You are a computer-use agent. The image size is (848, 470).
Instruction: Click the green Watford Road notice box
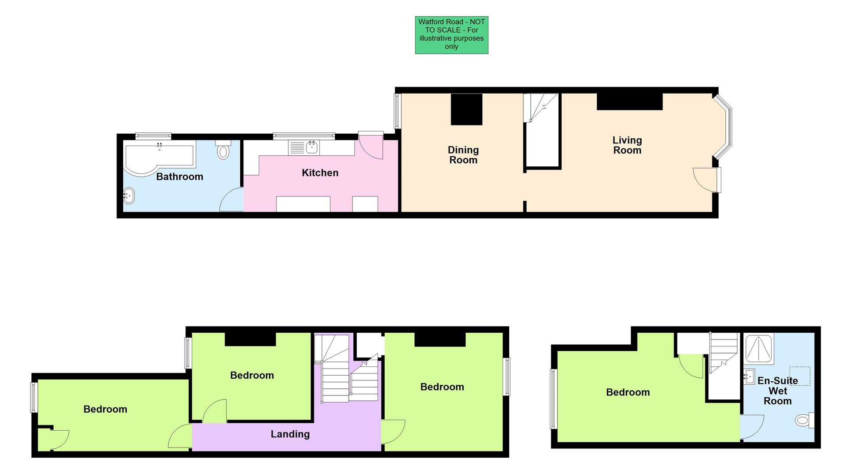pos(451,35)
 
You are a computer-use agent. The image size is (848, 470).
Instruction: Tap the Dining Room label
pos(463,155)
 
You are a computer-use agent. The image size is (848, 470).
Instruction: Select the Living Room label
pos(627,145)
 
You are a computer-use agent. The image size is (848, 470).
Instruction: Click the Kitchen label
pos(320,173)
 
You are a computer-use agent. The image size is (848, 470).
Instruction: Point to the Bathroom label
pos(179,177)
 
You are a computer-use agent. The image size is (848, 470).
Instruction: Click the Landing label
pos(290,434)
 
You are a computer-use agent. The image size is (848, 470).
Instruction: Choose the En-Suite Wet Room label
pos(777,391)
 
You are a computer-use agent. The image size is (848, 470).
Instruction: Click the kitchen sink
pos(312,148)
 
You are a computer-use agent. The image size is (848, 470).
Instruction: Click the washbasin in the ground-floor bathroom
pos(129,195)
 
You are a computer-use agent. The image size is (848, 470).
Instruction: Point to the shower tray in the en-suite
pos(758,349)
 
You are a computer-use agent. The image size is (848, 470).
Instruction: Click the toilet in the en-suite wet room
pos(803,420)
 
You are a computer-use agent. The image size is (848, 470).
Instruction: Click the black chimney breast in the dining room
pos(466,109)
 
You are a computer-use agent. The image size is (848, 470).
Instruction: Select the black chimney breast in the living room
pos(629,102)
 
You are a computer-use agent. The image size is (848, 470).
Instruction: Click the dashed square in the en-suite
pos(799,376)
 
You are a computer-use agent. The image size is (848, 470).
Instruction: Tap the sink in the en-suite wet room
pos(749,376)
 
